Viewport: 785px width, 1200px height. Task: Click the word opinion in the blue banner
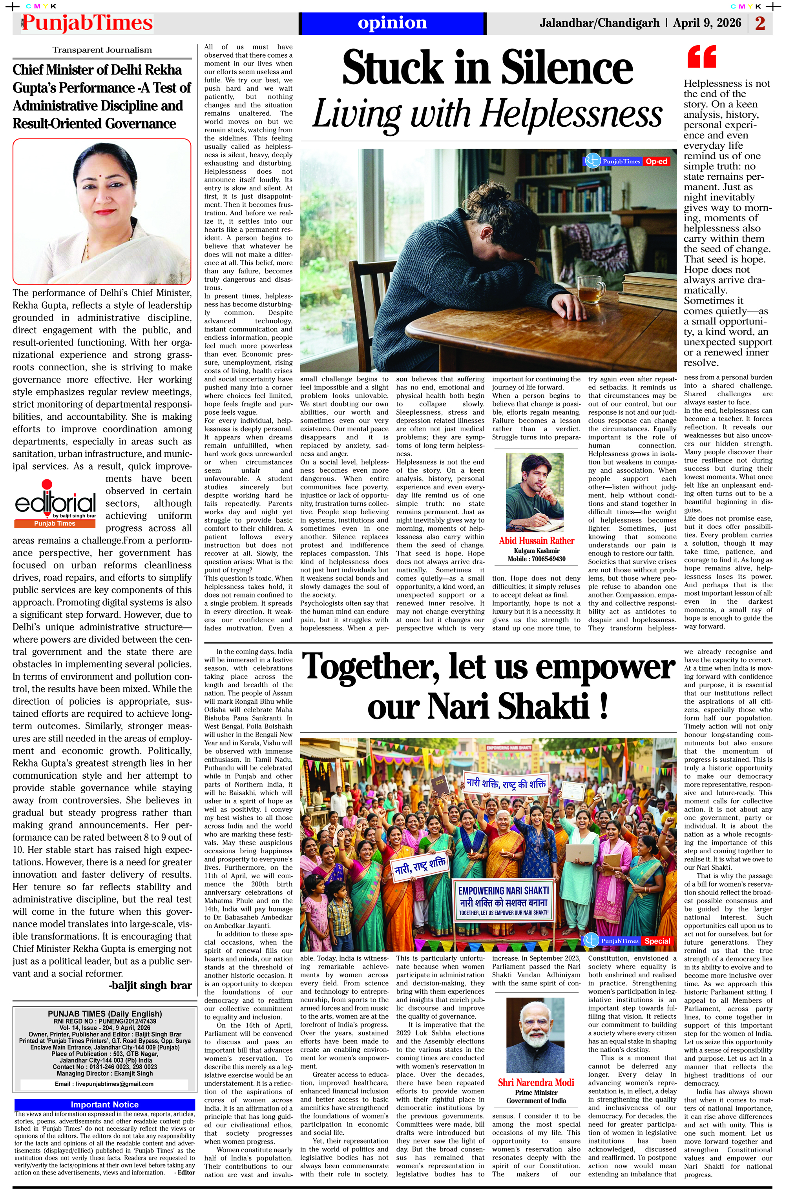coord(392,23)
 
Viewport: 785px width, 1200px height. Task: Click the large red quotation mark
coord(701,56)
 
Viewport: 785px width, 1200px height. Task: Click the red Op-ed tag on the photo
coord(656,161)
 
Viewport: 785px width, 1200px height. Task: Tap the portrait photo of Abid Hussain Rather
coord(535,492)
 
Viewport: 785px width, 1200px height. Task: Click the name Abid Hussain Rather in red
coord(536,541)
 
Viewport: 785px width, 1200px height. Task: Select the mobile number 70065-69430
coord(547,559)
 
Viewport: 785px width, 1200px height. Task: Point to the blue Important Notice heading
coord(104,1104)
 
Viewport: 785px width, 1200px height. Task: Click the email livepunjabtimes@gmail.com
coord(104,1083)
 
